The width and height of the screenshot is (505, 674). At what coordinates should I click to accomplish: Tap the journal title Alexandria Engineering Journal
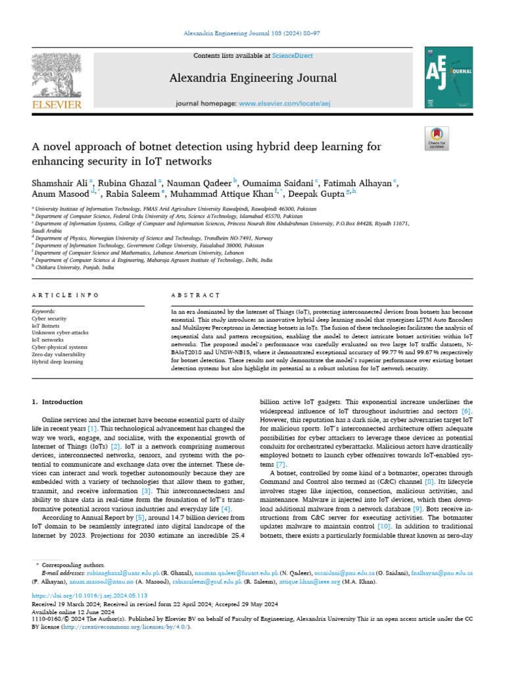pos(253,78)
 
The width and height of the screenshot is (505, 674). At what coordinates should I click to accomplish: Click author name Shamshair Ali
pos(60,182)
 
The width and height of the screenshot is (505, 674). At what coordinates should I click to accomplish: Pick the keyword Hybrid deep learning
pos(58,361)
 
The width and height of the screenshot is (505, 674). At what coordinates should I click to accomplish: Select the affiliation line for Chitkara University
pos(74,268)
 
